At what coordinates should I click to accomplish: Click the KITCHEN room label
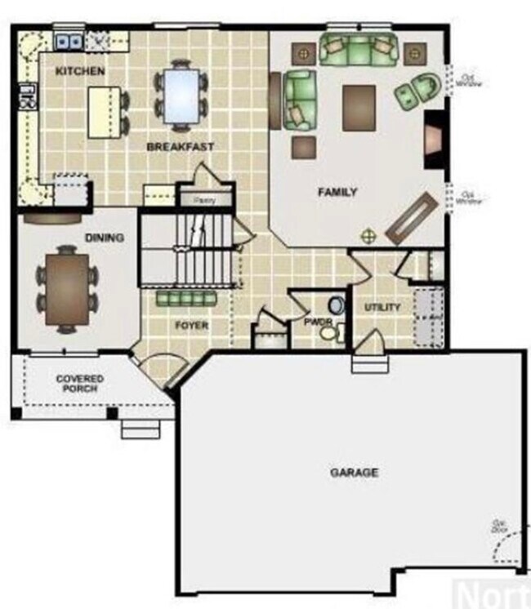pos(79,71)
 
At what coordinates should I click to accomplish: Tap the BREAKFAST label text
pos(180,147)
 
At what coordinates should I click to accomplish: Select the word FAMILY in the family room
pos(337,193)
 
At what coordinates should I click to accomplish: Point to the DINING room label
pos(104,238)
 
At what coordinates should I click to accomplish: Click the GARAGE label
pos(354,473)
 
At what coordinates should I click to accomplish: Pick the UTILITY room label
pos(382,308)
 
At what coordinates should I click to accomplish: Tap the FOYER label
pos(191,326)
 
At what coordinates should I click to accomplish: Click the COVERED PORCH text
pos(79,384)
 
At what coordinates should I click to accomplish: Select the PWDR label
pos(315,322)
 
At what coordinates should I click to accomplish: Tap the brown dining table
pos(67,290)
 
